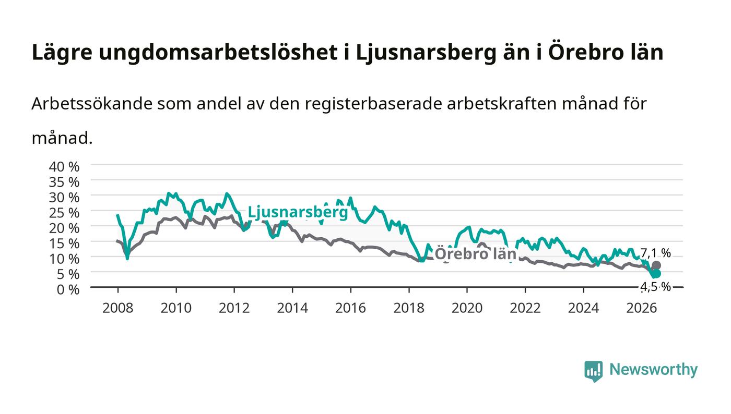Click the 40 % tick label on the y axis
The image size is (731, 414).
click(x=64, y=167)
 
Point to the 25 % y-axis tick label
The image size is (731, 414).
click(x=64, y=213)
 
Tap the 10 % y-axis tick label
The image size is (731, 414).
click(x=64, y=259)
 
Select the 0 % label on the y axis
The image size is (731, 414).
click(x=68, y=289)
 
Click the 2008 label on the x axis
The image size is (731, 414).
click(x=118, y=308)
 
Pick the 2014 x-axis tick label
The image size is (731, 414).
click(x=292, y=308)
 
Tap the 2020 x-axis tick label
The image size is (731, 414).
click(x=467, y=308)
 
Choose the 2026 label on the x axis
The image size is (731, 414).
click(x=642, y=308)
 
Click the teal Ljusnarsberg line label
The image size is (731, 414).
click(x=298, y=213)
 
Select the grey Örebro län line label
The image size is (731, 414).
click(x=476, y=254)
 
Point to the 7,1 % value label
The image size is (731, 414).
click(x=655, y=253)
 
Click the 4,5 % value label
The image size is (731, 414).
click(x=655, y=287)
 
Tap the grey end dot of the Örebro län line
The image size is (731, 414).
click(x=656, y=265)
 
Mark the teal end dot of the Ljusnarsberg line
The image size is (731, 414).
click(x=656, y=274)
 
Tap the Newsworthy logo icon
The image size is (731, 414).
click(x=593, y=371)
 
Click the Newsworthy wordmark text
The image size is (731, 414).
click(x=653, y=370)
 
